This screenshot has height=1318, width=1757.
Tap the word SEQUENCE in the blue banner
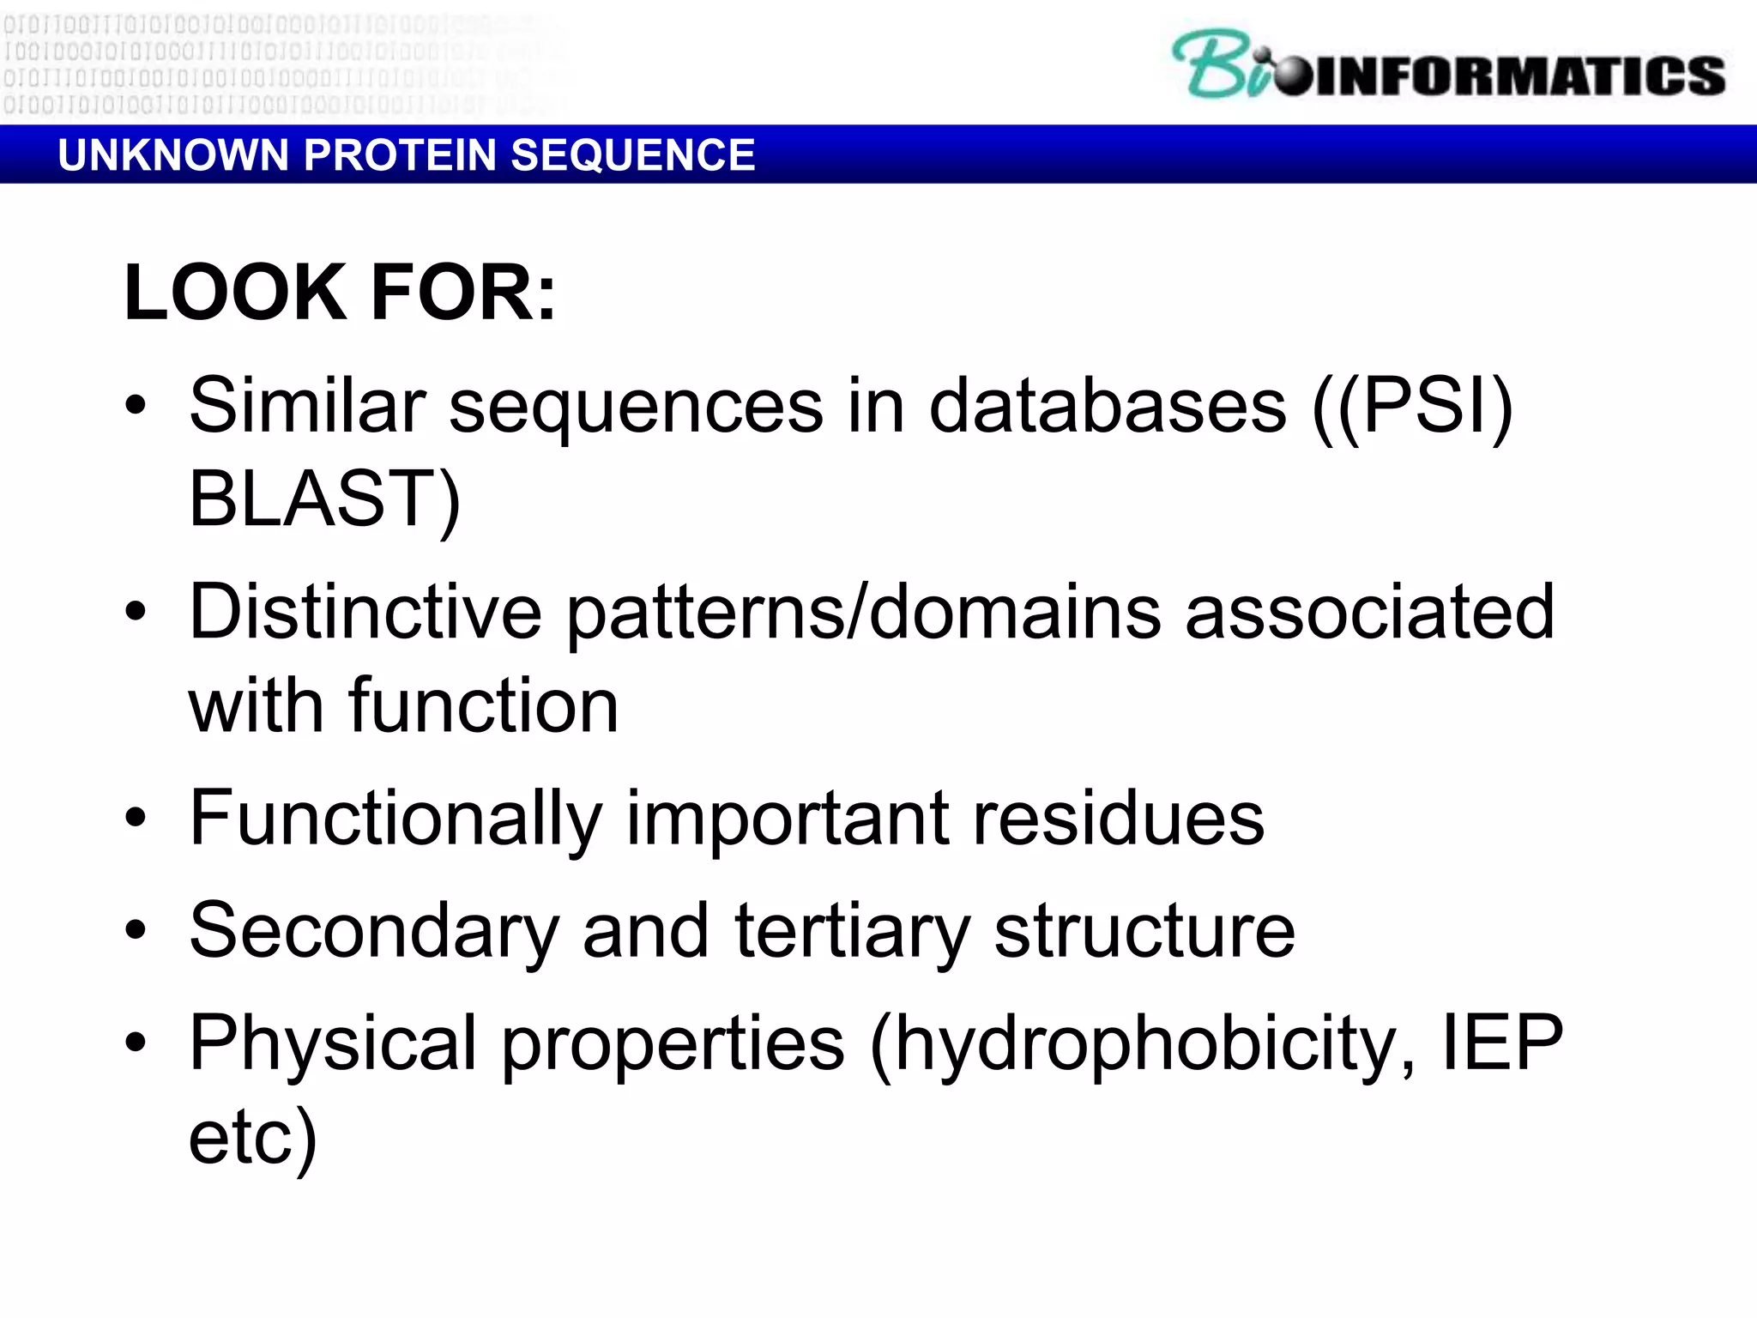pos(633,155)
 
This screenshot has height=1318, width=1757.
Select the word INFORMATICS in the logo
pos(1519,76)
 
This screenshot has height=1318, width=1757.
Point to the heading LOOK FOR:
pos(340,293)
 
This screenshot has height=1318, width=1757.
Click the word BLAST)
pos(324,499)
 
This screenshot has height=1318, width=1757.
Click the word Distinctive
pos(365,612)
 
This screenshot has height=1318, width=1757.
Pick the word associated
pos(1369,612)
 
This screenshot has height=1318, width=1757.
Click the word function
pos(483,706)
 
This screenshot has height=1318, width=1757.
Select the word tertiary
pos(853,931)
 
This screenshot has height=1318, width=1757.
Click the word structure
pos(1144,931)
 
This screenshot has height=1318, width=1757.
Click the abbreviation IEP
pos(1502,1043)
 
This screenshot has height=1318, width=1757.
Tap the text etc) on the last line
pos(252,1138)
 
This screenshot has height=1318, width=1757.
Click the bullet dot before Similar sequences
pos(136,404)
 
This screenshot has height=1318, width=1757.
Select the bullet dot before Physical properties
pos(136,1042)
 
